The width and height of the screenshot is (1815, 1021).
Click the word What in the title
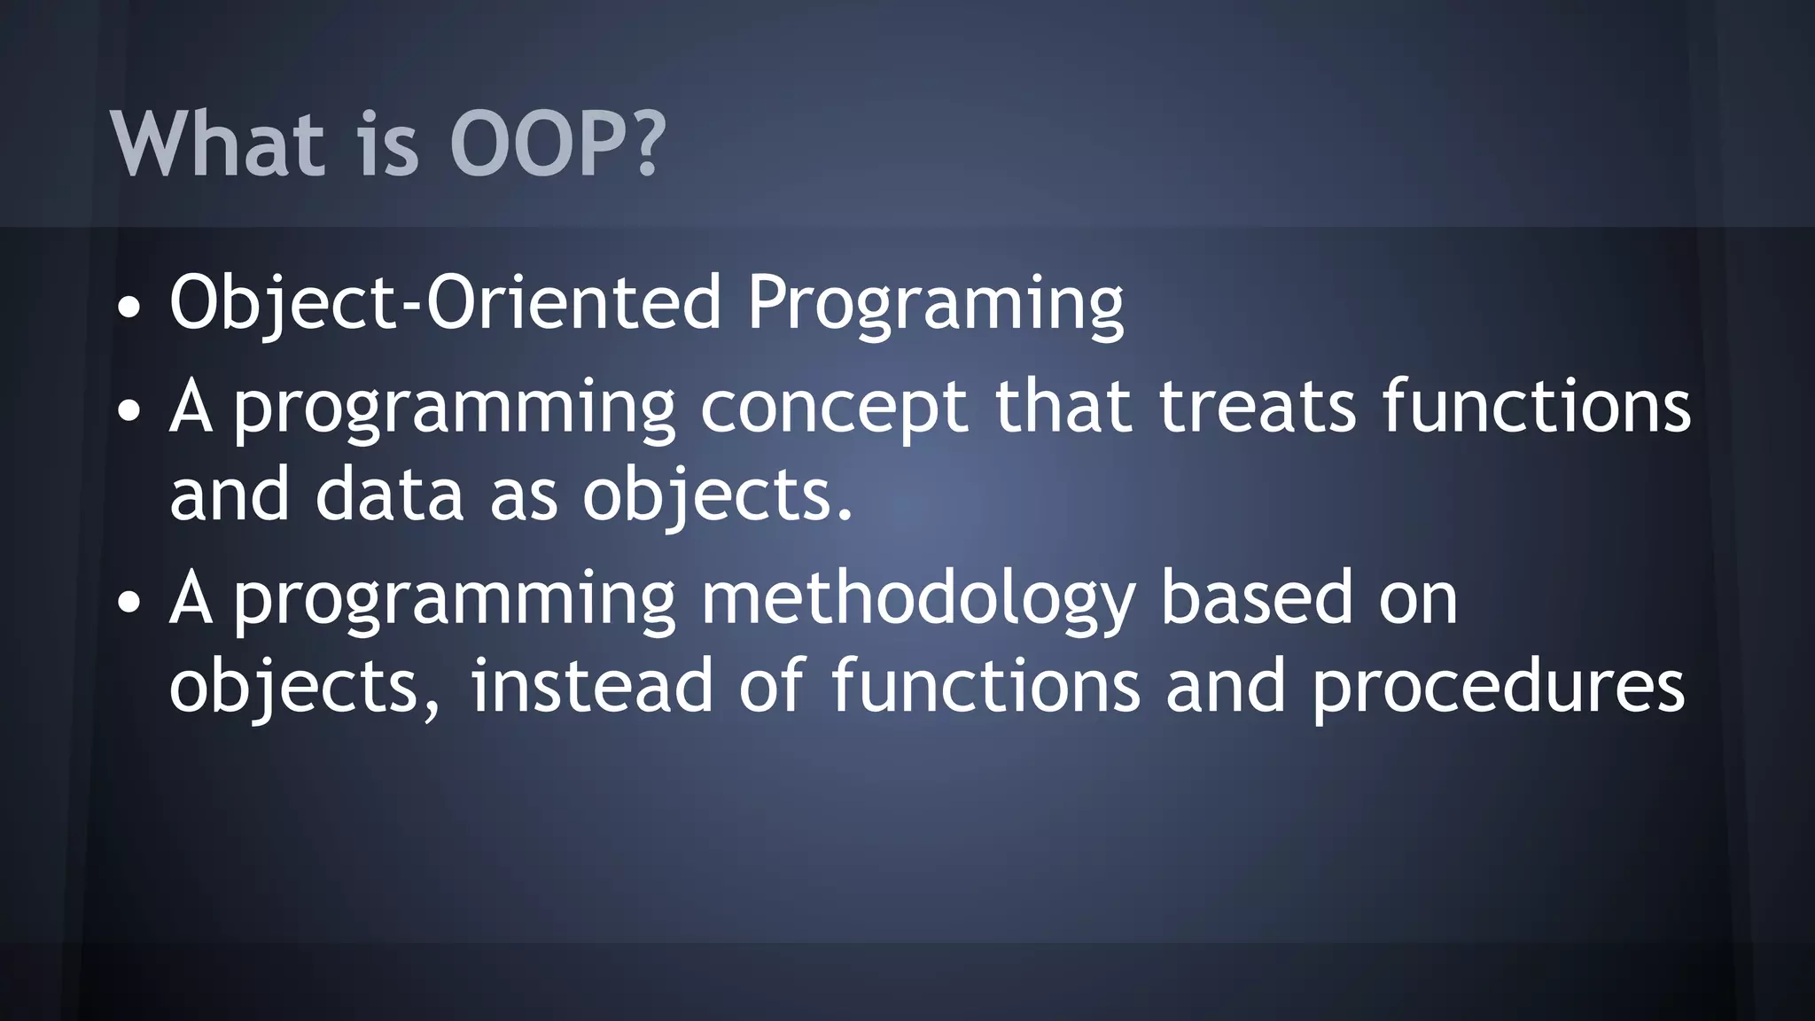pos(217,144)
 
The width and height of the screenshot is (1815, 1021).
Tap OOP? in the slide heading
pos(557,144)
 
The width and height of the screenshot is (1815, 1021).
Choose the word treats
pos(1258,408)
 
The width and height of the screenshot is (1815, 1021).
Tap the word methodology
pos(917,601)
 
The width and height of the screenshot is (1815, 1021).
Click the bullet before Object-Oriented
pos(129,308)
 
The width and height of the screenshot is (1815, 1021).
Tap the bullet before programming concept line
pos(129,411)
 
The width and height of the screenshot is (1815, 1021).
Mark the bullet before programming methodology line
pos(129,603)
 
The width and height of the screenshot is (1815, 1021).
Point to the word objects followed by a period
pos(717,496)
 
